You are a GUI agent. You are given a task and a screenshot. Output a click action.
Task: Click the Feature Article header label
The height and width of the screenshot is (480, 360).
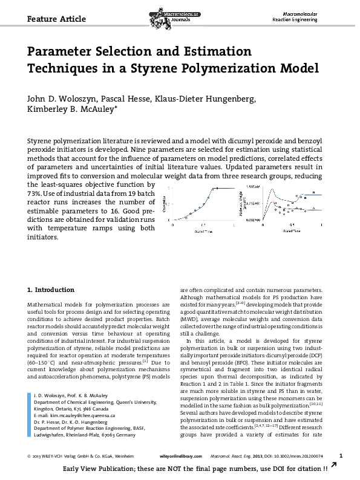click(x=52, y=19)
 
